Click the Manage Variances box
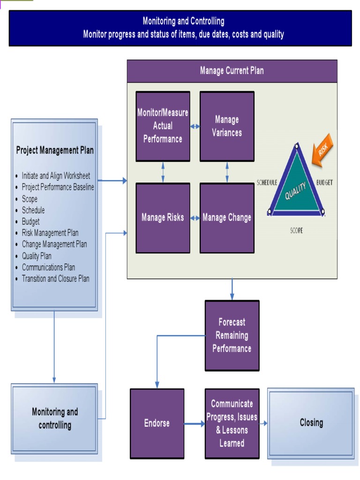point(227,126)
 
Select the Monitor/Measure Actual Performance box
point(163,126)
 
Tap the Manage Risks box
point(163,218)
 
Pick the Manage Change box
point(227,218)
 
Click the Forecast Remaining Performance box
point(232,336)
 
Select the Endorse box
point(157,423)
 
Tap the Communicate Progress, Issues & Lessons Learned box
point(232,423)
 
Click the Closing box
point(311,423)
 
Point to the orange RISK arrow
point(322,150)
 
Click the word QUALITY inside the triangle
point(296,190)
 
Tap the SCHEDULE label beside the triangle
point(267,182)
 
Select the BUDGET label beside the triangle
point(324,182)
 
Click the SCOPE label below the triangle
point(296,231)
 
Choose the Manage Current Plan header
point(232,71)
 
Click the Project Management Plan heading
point(55,150)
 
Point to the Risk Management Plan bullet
point(50,233)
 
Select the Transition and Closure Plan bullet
point(55,278)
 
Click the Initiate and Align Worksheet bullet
point(56,176)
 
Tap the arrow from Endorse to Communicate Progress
point(195,424)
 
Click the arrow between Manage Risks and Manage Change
point(195,218)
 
